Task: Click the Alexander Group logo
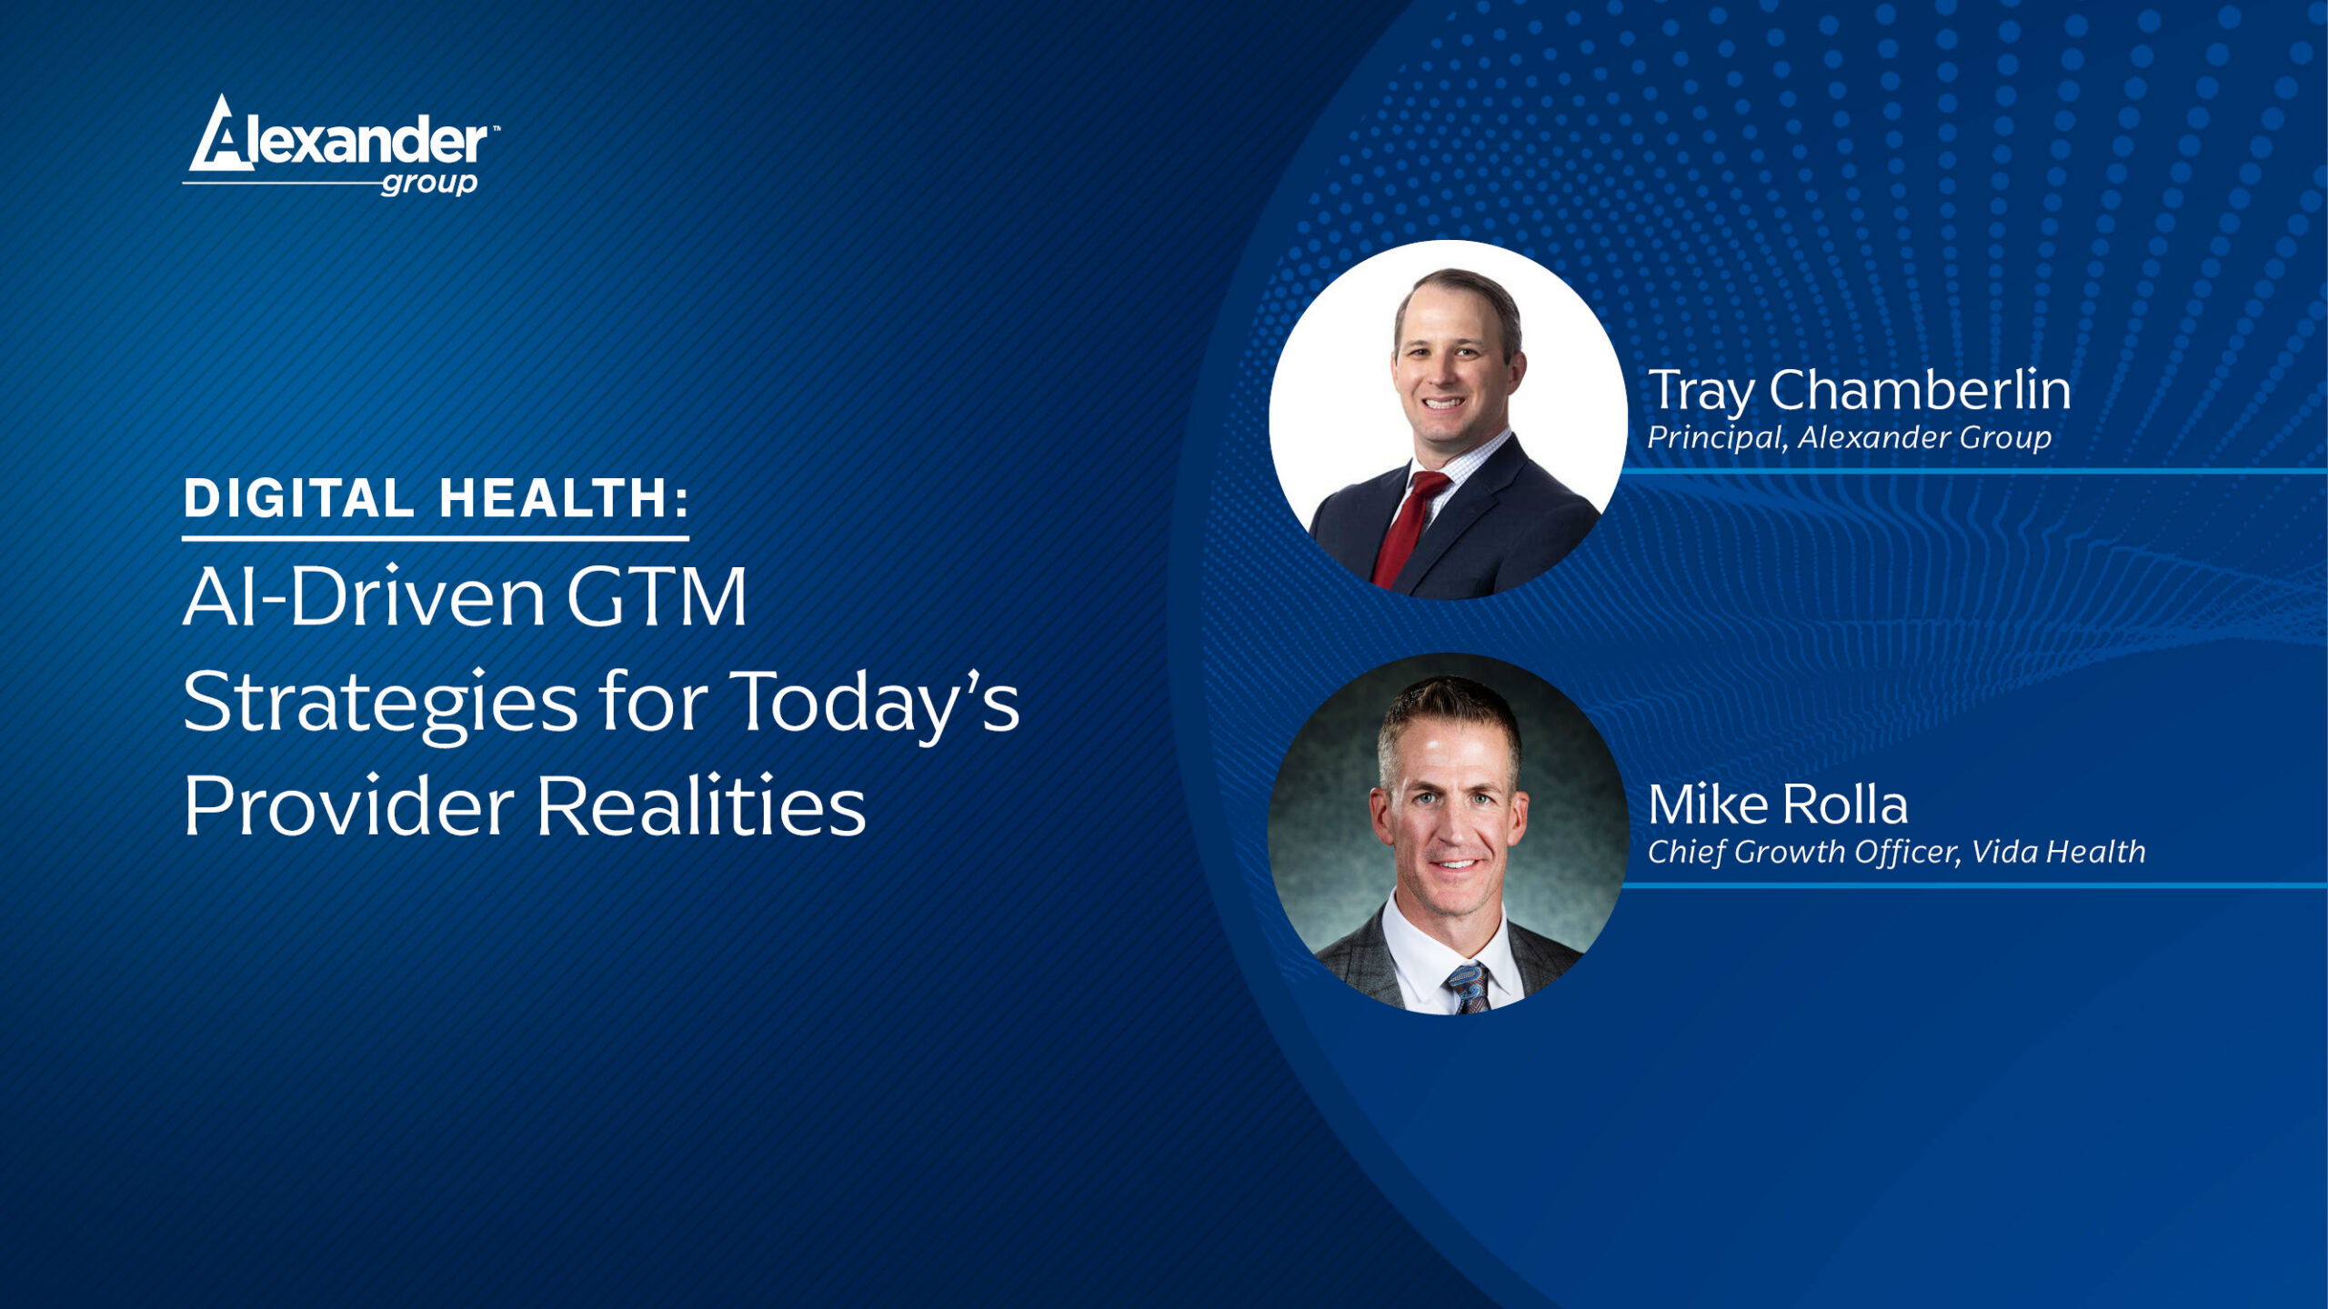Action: pos(341,145)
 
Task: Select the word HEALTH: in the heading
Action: pos(565,498)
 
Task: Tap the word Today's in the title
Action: pos(875,704)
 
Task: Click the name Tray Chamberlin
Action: pos(1860,392)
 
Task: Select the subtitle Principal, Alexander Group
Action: pos(1850,438)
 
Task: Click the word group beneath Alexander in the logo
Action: pos(429,183)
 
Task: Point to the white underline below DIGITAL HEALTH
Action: pos(436,538)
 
